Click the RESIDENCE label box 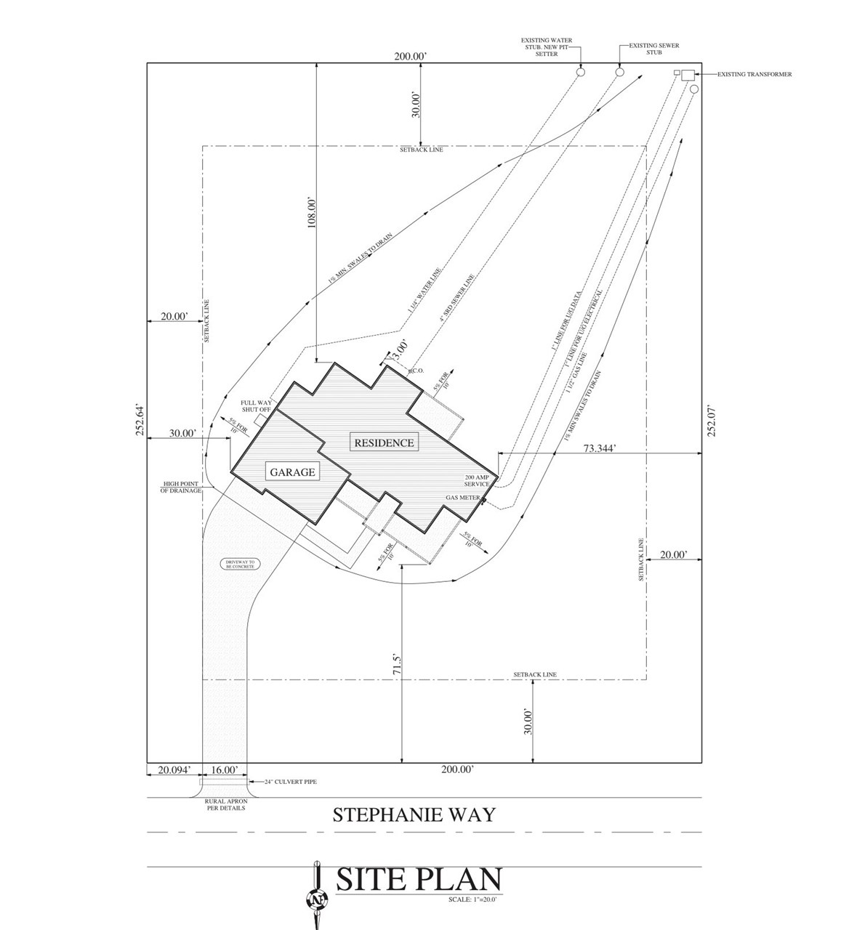(x=384, y=442)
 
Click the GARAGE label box (x=293, y=472)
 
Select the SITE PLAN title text (x=419, y=880)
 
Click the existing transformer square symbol (x=687, y=74)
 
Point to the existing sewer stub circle (x=619, y=72)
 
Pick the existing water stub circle (x=581, y=72)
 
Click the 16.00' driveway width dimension (x=225, y=770)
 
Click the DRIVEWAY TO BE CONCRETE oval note (x=241, y=564)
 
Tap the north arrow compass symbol (x=317, y=899)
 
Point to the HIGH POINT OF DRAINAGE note (x=180, y=487)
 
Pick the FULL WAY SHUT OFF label (x=255, y=405)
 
